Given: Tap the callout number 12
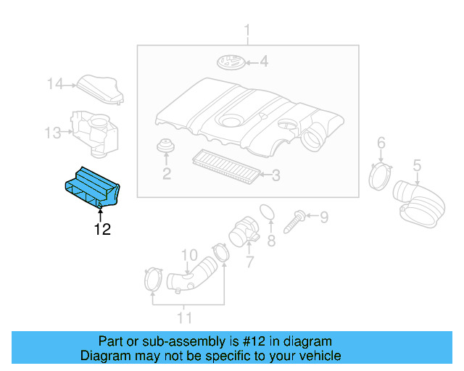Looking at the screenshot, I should [x=101, y=230].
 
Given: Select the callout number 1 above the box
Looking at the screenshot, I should [x=246, y=32].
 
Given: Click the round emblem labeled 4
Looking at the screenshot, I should [x=230, y=62].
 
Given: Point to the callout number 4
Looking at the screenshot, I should [x=264, y=62].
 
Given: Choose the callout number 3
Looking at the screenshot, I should [x=275, y=175].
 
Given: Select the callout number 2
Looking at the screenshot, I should [x=166, y=173].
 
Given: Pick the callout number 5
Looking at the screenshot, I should [x=417, y=167].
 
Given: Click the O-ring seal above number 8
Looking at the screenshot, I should [x=268, y=212].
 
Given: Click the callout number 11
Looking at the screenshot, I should [x=185, y=317].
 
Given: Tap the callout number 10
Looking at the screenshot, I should [x=189, y=255].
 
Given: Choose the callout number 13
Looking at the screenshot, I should [x=53, y=133].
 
